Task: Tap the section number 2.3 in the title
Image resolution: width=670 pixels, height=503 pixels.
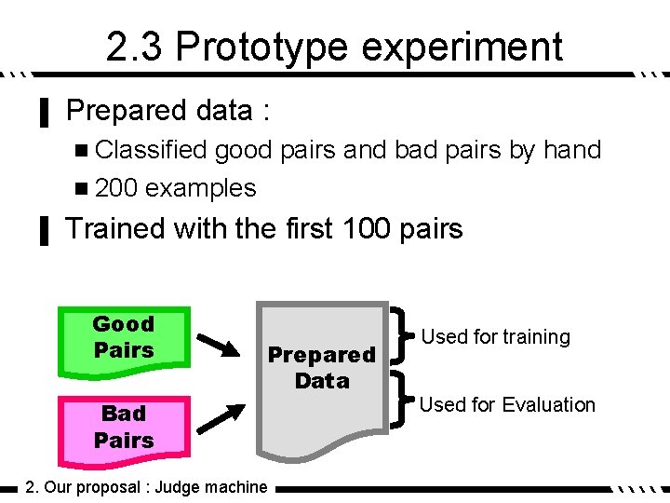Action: pos(134,47)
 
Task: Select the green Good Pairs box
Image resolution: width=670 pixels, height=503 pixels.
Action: pos(124,338)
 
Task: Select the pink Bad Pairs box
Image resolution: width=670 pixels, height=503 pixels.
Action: pos(124,427)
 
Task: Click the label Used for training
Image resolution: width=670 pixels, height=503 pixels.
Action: pos(495,337)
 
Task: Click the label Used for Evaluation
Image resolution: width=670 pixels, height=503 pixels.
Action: pos(507,404)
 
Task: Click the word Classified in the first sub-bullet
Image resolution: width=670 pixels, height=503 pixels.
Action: pos(152,150)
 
